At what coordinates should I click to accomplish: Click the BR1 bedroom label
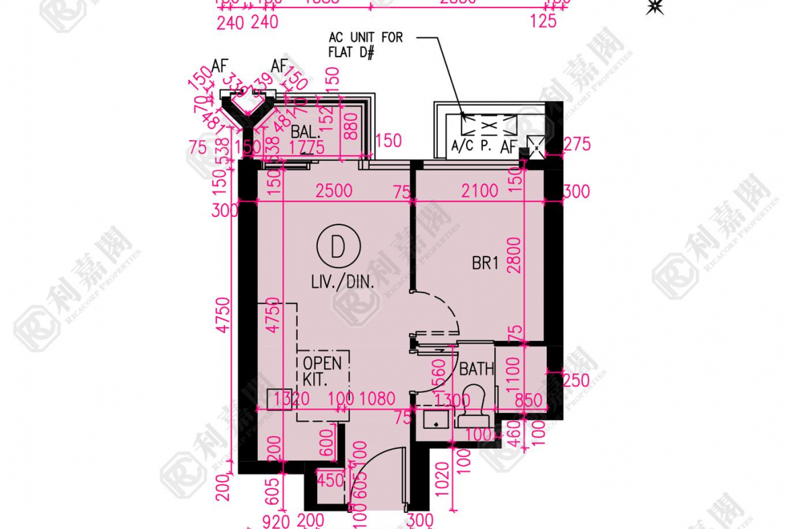click(485, 263)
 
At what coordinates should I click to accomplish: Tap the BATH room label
click(476, 369)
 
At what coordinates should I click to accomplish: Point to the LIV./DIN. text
click(341, 284)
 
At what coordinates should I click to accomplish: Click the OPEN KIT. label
click(323, 370)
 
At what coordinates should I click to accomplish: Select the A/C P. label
click(471, 146)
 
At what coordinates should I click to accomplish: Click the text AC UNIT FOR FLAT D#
click(365, 44)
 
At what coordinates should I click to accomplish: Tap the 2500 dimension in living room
click(334, 191)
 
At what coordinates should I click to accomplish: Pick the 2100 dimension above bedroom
click(480, 191)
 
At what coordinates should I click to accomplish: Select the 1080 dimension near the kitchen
click(377, 399)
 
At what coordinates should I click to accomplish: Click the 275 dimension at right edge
click(577, 144)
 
